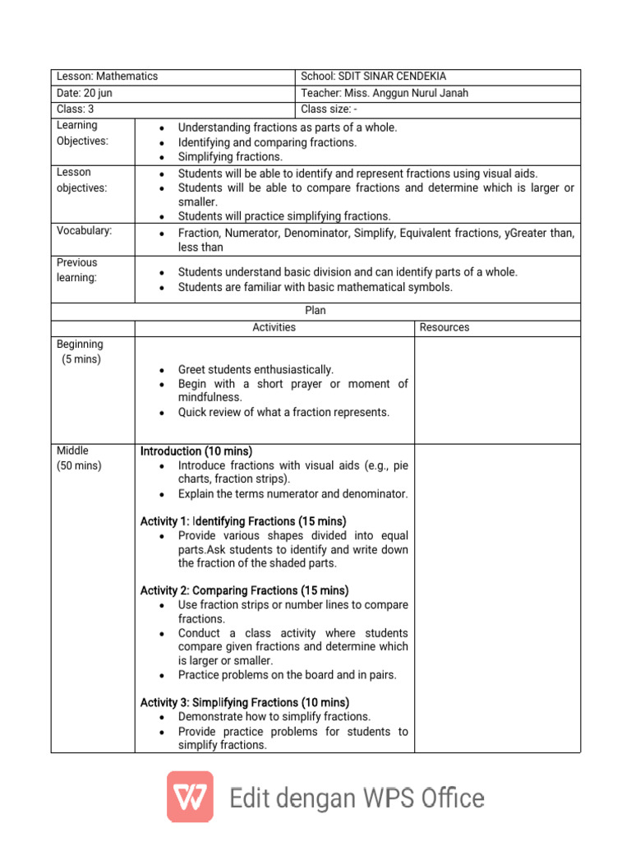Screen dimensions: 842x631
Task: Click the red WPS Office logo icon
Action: point(190,797)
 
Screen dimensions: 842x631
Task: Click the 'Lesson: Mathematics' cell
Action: point(107,76)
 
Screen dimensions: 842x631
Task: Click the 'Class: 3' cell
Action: point(76,109)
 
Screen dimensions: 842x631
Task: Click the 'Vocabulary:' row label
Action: point(84,231)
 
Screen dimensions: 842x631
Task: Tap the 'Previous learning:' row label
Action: point(76,270)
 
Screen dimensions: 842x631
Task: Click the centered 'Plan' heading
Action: point(315,311)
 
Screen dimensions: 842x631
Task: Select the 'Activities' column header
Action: point(274,327)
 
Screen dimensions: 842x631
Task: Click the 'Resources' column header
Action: point(444,327)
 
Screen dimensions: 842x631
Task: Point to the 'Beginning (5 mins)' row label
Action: point(80,352)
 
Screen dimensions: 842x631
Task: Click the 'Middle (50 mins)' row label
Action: point(79,458)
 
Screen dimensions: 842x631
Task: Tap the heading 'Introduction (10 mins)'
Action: point(196,451)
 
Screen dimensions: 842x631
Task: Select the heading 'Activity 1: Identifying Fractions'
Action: point(243,521)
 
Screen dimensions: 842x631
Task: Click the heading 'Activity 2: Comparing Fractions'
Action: point(244,590)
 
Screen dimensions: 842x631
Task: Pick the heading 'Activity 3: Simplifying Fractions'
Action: point(244,702)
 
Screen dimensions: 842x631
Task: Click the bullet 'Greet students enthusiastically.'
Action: point(256,370)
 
